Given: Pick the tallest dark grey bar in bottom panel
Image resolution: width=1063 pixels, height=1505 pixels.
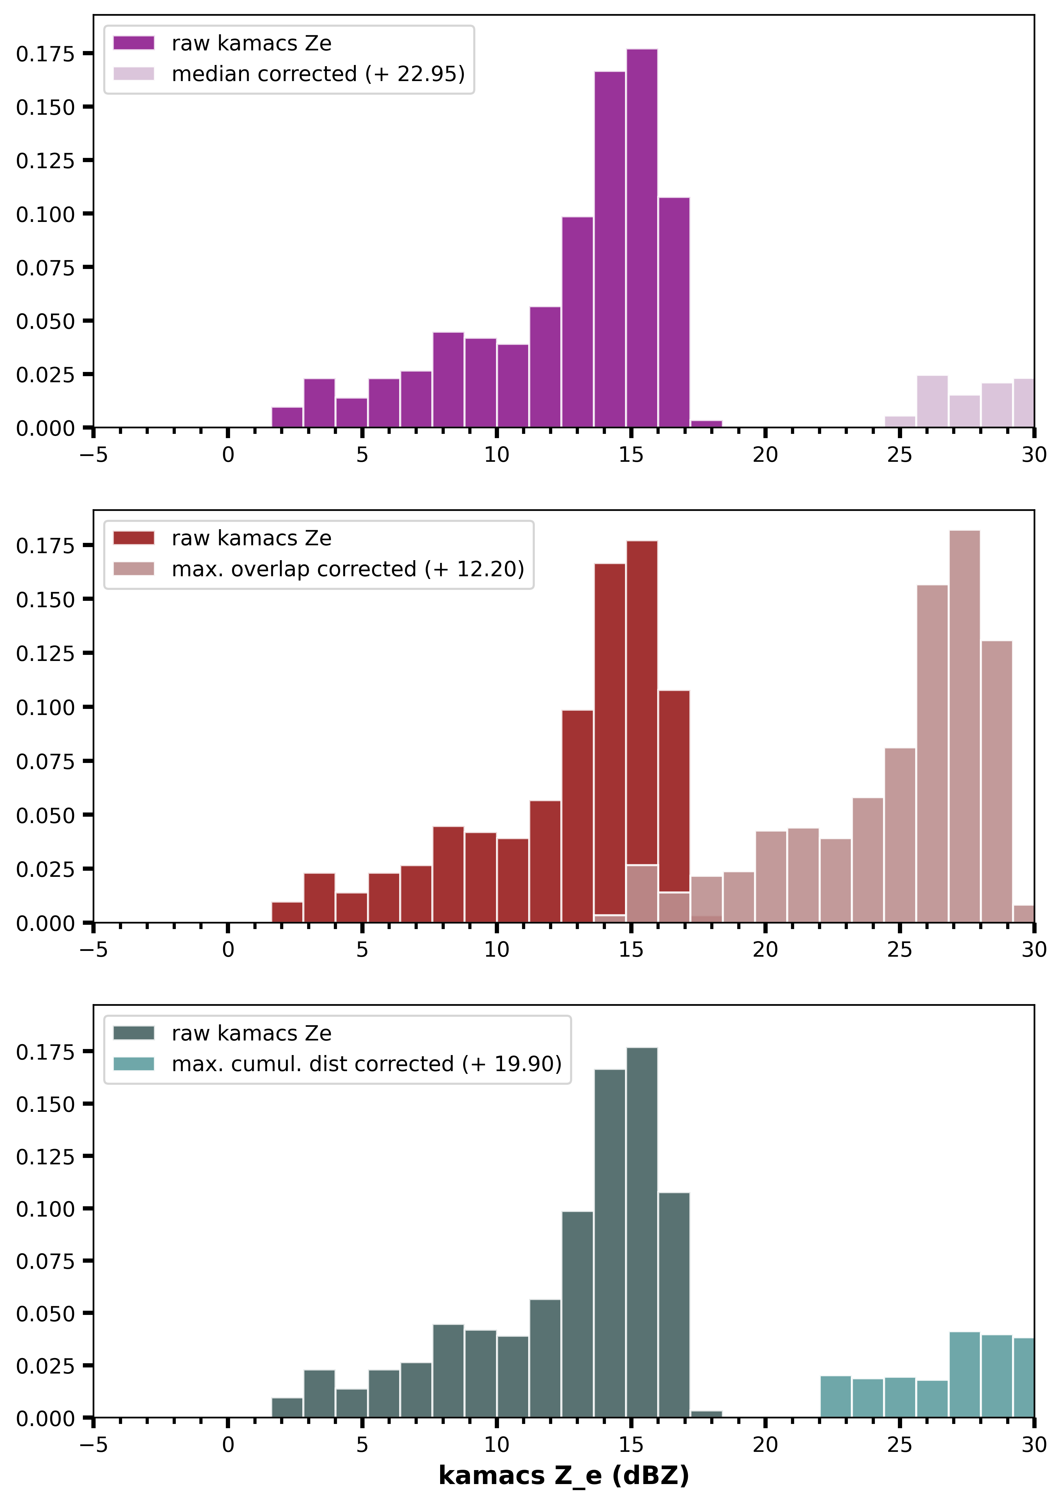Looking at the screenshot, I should pos(642,1232).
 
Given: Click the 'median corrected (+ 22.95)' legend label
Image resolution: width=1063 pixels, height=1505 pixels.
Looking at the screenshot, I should pos(318,74).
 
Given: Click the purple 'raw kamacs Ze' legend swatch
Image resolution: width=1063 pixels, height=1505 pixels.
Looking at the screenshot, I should pos(134,43).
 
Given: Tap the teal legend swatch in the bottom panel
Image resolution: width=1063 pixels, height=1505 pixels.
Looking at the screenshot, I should pos(134,1064).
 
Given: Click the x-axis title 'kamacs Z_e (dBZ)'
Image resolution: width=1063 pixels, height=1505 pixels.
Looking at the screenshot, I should pos(564,1476).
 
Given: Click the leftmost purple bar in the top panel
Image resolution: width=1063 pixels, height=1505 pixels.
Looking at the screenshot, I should pos(287,417).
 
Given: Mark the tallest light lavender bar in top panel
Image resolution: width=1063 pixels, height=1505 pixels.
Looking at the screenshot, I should pos(932,401).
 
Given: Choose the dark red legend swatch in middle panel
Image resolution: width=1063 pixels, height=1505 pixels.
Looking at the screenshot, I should pos(134,538).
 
